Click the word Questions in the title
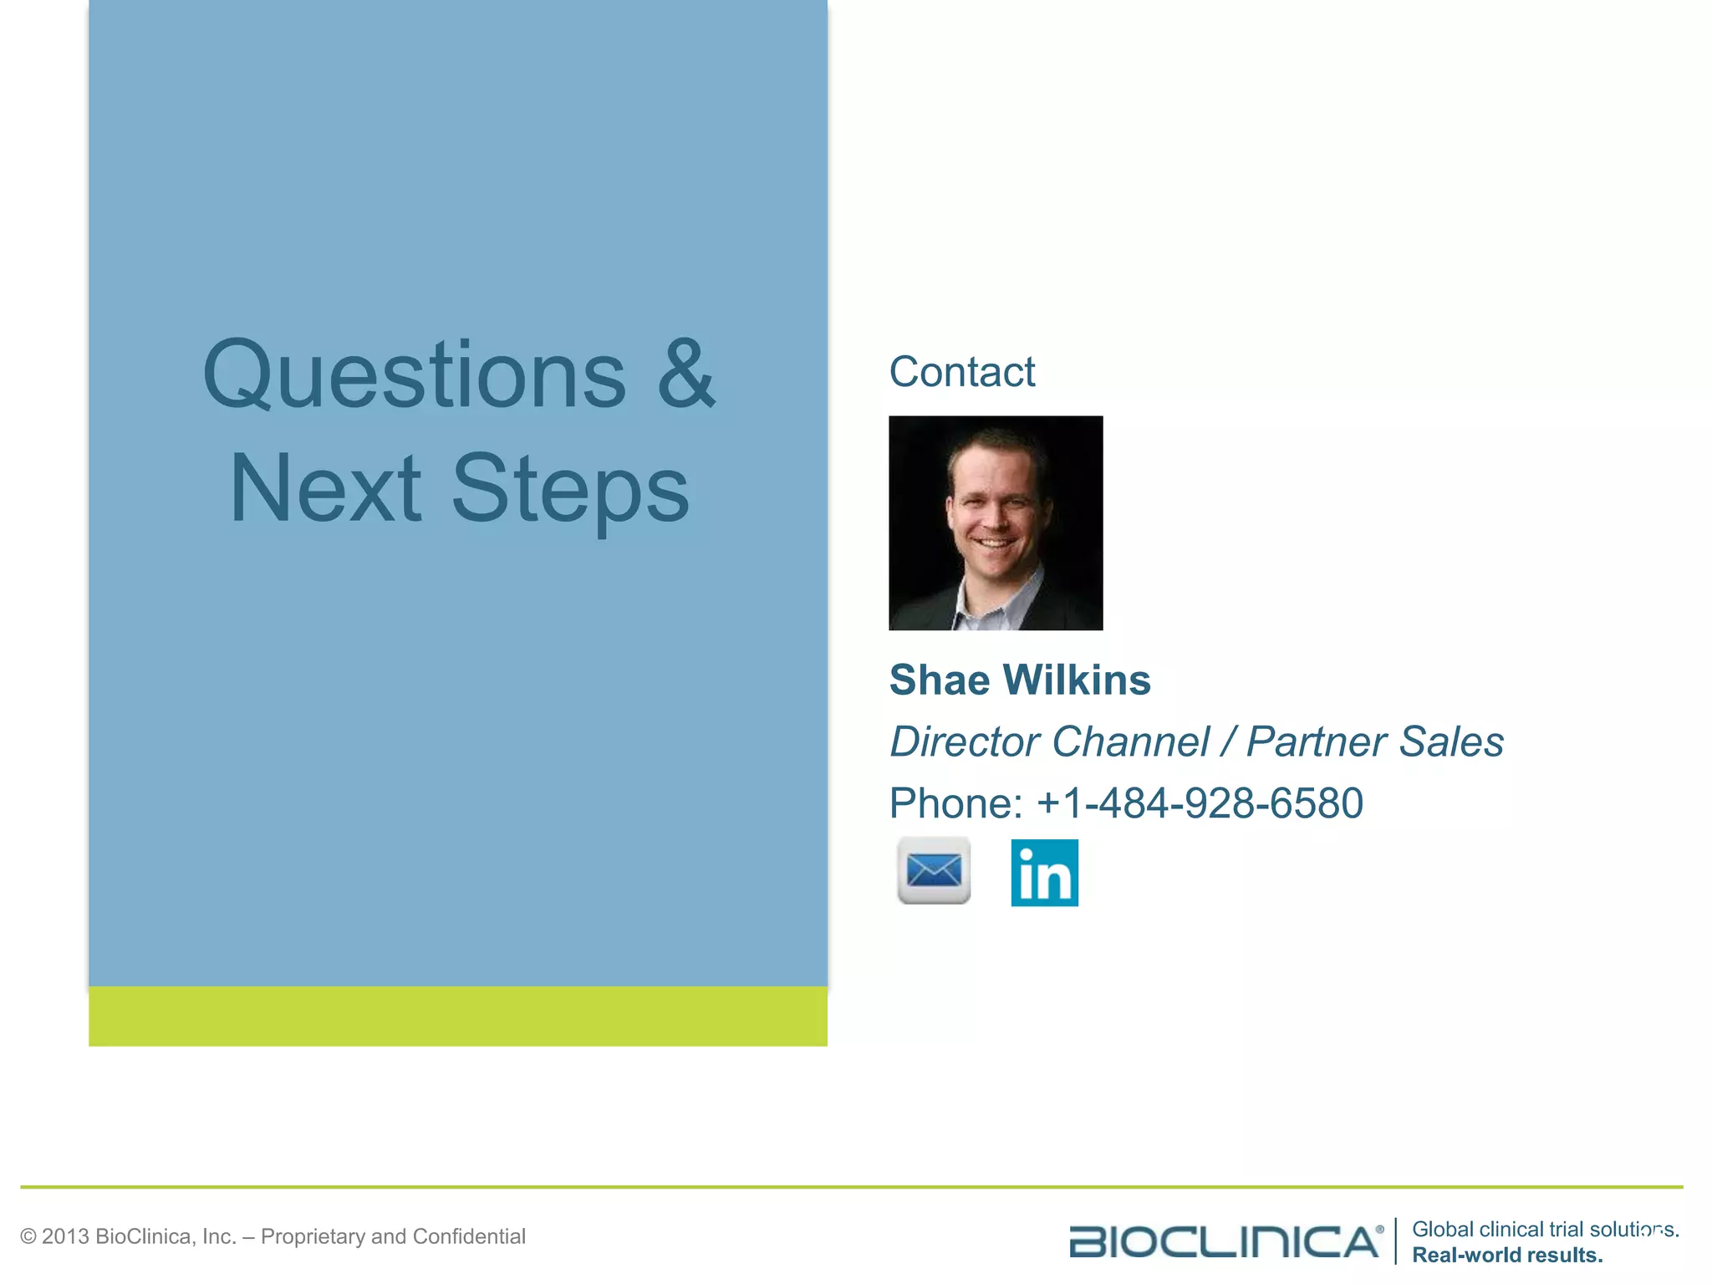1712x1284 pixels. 414,376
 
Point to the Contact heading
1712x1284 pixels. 961,372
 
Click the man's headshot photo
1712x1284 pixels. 996,522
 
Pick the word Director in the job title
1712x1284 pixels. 965,741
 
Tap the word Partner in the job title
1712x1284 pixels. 1317,741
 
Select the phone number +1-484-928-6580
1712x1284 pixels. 1200,803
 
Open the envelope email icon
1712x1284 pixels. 934,871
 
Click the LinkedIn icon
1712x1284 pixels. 1044,873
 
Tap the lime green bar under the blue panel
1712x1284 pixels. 458,1016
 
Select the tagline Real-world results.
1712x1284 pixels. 1507,1255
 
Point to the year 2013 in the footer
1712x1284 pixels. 64,1236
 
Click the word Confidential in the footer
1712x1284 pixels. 469,1236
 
